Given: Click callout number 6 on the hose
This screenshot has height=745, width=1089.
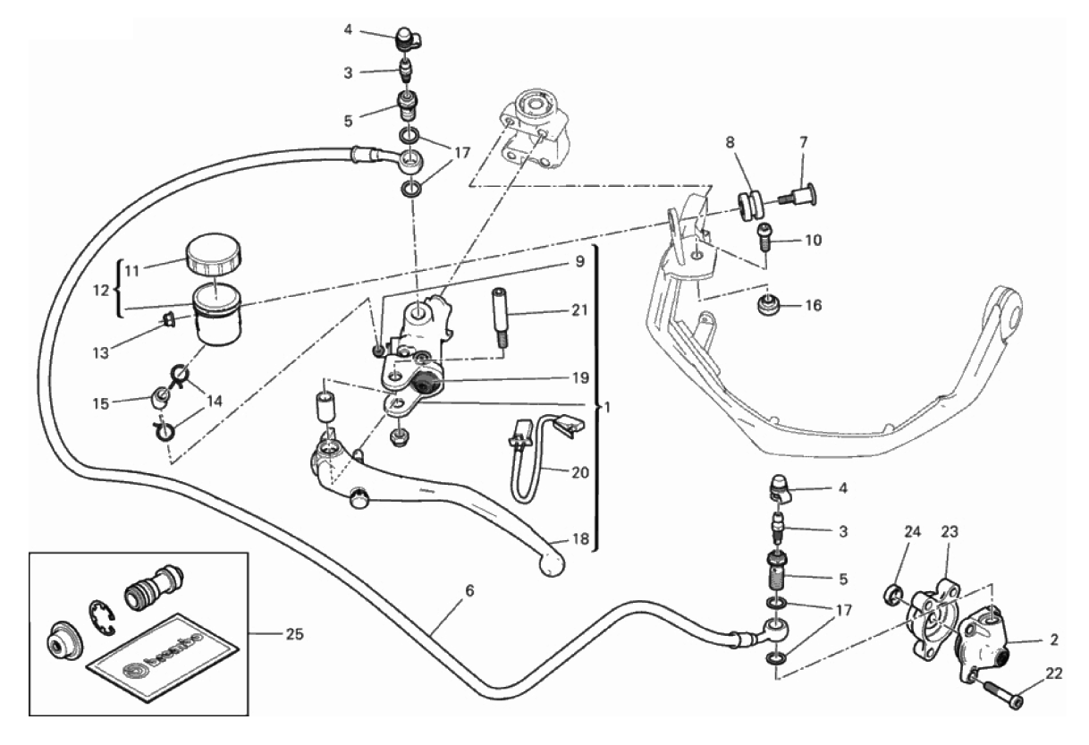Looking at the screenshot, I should click(x=469, y=591).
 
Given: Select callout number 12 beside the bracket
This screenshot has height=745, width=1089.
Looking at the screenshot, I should click(x=101, y=290).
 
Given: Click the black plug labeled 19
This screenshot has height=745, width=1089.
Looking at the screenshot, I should click(x=424, y=385).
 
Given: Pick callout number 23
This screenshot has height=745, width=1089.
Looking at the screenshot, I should click(x=950, y=530).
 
